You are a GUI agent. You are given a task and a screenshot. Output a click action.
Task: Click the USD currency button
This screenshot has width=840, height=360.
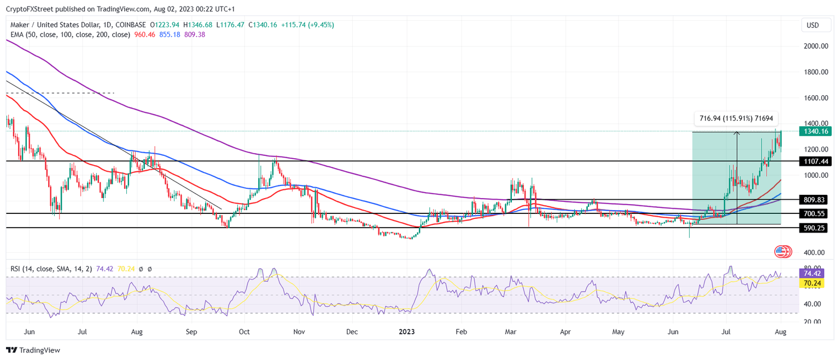click(813, 25)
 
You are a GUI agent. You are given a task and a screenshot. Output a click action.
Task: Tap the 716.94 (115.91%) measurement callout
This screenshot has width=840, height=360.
click(736, 118)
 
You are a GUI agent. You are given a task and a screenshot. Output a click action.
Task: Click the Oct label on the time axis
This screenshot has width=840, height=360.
click(244, 332)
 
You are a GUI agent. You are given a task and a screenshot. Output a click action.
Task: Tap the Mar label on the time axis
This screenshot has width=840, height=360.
click(511, 332)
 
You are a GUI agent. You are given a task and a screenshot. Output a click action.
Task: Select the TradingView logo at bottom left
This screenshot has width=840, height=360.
click(33, 350)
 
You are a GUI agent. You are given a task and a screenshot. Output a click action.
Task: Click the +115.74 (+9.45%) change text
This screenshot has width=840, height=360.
click(307, 25)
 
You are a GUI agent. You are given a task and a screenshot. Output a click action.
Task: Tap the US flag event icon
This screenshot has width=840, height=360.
click(783, 252)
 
